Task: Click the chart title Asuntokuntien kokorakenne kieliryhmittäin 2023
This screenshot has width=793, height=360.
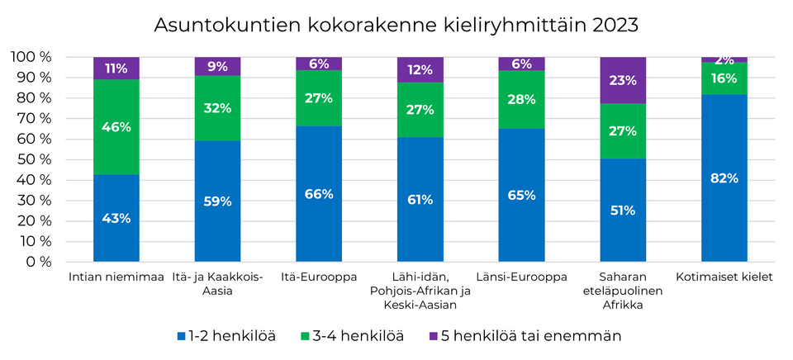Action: click(x=396, y=25)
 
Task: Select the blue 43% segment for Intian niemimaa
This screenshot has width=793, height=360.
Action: click(x=116, y=218)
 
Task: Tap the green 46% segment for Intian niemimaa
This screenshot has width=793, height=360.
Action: click(x=116, y=127)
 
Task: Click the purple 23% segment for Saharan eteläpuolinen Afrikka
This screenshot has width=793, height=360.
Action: click(x=623, y=81)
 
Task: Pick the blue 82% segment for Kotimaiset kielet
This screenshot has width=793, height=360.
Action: click(x=724, y=178)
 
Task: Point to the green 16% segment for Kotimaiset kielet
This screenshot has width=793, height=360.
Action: click(x=724, y=78)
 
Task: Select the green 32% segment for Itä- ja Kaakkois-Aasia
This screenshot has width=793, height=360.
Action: click(x=217, y=107)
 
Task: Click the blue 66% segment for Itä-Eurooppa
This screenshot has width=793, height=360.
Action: click(x=319, y=194)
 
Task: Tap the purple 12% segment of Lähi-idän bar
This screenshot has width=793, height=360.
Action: click(x=420, y=70)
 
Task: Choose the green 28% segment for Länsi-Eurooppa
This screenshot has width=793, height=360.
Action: click(x=521, y=99)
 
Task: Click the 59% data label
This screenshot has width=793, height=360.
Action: click(x=217, y=201)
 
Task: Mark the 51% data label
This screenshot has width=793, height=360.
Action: click(x=623, y=210)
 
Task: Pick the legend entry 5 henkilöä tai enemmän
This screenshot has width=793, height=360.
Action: click(x=524, y=336)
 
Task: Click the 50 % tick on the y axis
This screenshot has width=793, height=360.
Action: click(x=34, y=159)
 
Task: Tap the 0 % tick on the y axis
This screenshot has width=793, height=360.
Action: click(x=38, y=262)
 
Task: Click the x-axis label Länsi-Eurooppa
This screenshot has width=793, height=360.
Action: click(x=521, y=277)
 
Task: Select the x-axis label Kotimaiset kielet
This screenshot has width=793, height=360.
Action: click(x=724, y=277)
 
